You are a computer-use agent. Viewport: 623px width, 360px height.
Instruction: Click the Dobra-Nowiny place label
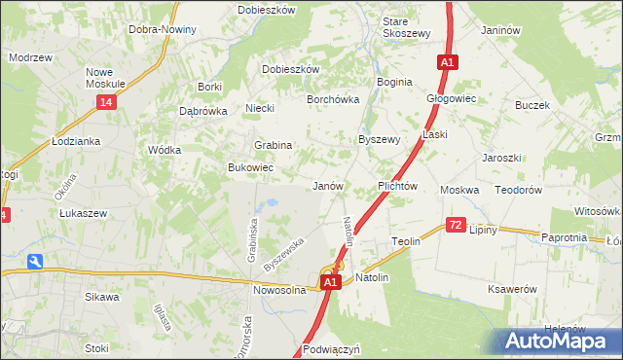point(162,29)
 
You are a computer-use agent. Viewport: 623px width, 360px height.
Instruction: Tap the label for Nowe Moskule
point(106,79)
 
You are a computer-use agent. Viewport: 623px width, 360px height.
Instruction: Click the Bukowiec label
point(250,168)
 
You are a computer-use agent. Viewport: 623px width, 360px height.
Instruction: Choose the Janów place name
point(327,185)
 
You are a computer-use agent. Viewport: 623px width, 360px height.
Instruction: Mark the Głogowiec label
point(451,98)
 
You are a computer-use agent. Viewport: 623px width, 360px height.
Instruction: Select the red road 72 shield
point(456,225)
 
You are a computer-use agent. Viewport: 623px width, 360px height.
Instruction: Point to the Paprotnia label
point(564,237)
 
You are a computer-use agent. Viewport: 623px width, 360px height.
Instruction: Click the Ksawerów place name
point(513,289)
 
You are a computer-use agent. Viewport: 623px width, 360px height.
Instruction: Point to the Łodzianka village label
point(78,141)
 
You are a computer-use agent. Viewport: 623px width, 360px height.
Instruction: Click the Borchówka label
point(334,99)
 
